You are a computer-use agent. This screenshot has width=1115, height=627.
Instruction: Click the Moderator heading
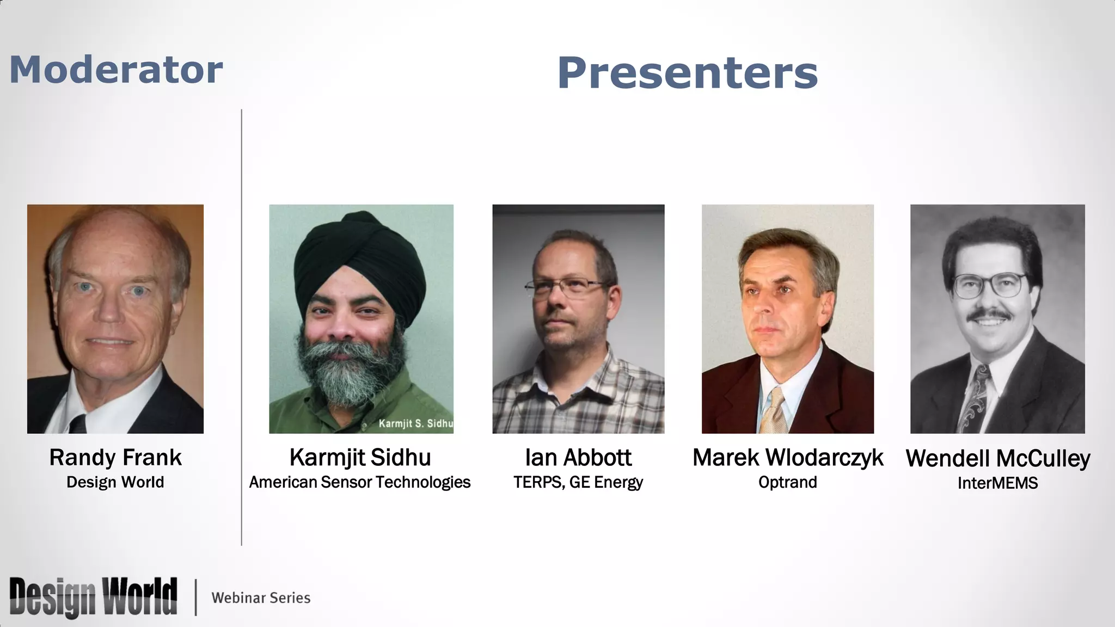click(x=116, y=70)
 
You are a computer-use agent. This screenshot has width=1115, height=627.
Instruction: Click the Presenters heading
click(x=687, y=73)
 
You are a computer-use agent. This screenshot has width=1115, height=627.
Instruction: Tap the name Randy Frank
click(x=115, y=458)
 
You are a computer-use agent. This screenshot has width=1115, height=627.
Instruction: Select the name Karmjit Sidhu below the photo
click(x=360, y=458)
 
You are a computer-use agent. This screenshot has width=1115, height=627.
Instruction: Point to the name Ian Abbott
click(x=578, y=458)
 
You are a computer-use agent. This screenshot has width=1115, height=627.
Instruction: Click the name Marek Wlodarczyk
click(x=787, y=458)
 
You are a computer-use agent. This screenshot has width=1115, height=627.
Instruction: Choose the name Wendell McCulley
click(x=997, y=458)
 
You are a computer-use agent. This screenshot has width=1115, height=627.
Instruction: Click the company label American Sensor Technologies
click(x=360, y=482)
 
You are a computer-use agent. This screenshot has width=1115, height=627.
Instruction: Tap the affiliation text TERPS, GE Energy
click(x=578, y=482)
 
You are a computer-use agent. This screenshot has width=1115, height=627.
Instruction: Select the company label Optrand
click(x=787, y=482)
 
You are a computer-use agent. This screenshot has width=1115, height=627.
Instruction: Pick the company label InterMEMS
click(x=997, y=483)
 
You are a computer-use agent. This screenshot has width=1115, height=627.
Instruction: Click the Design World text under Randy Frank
click(x=115, y=482)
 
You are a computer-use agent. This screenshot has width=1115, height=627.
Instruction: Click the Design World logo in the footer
click(x=93, y=597)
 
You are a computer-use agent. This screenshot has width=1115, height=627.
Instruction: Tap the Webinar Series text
click(x=261, y=598)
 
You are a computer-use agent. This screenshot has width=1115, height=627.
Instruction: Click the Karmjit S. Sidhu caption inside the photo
click(x=415, y=423)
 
